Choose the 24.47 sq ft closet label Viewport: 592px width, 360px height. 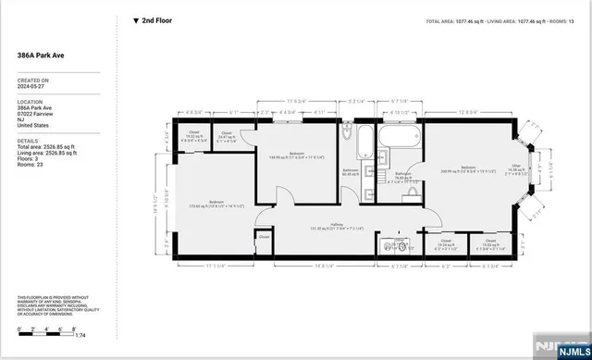(x=227, y=136)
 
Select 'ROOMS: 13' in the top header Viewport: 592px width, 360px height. (x=570, y=20)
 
